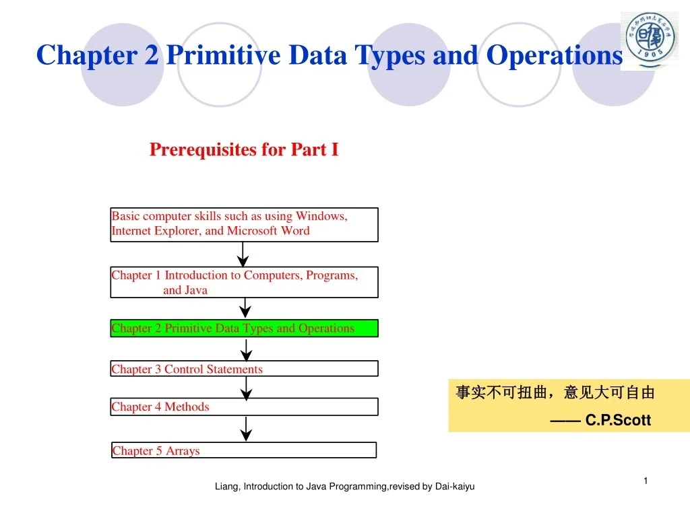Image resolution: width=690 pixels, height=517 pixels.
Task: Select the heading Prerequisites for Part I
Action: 244,149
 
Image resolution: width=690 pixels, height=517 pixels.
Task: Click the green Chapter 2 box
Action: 244,329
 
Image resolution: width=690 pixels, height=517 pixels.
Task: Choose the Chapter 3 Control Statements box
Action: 244,369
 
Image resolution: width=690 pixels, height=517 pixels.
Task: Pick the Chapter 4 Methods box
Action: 244,407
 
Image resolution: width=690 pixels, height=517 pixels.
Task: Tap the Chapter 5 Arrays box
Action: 244,450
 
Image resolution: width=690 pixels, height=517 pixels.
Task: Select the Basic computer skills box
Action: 244,224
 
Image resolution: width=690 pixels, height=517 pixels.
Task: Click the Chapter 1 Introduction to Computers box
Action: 244,282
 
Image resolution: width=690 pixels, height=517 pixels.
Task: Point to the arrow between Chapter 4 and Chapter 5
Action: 247,429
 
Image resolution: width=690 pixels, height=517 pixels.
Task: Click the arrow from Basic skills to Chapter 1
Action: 243,254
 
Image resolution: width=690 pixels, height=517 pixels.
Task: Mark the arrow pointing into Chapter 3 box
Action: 247,349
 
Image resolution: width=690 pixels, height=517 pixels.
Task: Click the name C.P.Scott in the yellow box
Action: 618,421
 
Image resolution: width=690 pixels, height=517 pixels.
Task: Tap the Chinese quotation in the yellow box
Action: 555,393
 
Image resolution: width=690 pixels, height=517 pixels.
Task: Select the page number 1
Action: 645,481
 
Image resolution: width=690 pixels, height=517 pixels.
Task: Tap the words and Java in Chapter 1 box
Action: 185,290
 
